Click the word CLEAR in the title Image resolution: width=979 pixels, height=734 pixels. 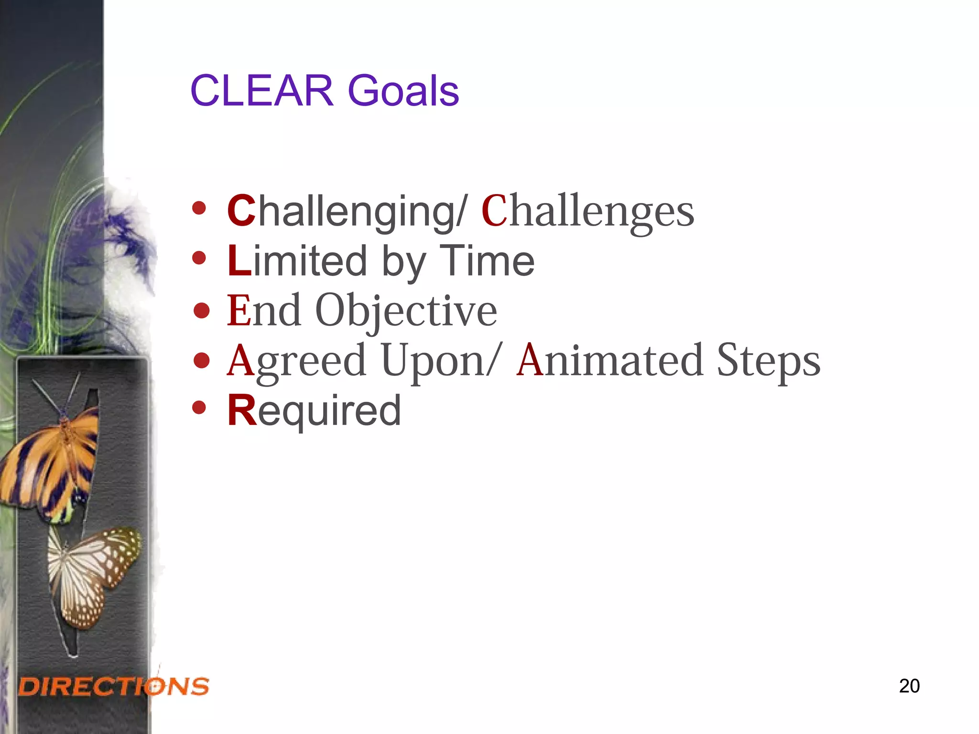[x=262, y=91]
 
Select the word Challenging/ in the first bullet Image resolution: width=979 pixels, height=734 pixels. [x=348, y=212]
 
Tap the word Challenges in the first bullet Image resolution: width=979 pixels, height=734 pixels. [x=587, y=212]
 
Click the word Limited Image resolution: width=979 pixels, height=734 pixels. [x=297, y=261]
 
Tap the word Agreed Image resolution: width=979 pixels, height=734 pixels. [x=296, y=362]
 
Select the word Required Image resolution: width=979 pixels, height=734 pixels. [x=314, y=411]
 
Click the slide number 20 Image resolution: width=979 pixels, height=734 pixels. [x=909, y=686]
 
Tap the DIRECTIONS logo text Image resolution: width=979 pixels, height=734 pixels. [x=114, y=687]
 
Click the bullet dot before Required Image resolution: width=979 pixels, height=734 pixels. [x=199, y=408]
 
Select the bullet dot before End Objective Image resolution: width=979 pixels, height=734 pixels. [x=202, y=310]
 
